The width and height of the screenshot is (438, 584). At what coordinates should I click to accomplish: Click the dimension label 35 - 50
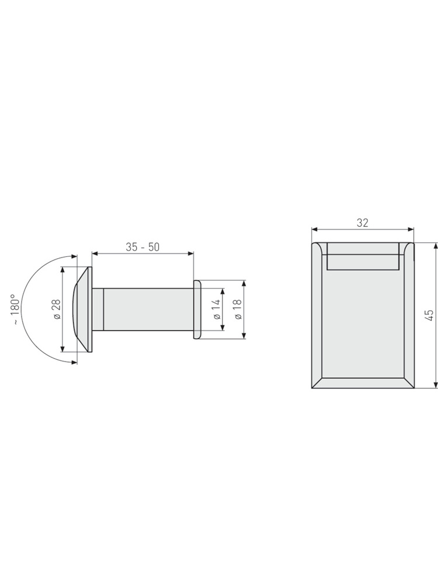pyautogui.click(x=142, y=247)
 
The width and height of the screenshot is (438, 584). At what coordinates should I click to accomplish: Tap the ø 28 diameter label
pyautogui.click(x=57, y=309)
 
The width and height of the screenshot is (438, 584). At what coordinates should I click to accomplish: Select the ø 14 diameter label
pyautogui.click(x=217, y=309)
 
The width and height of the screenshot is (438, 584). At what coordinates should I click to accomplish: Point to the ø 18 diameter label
pyautogui.click(x=238, y=309)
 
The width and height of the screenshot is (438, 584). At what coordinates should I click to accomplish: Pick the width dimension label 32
pyautogui.click(x=363, y=223)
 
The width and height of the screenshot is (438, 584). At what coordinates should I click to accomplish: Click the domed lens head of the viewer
pyautogui.click(x=82, y=309)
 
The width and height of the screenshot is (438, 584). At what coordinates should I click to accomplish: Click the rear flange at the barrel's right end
pyautogui.click(x=197, y=309)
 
